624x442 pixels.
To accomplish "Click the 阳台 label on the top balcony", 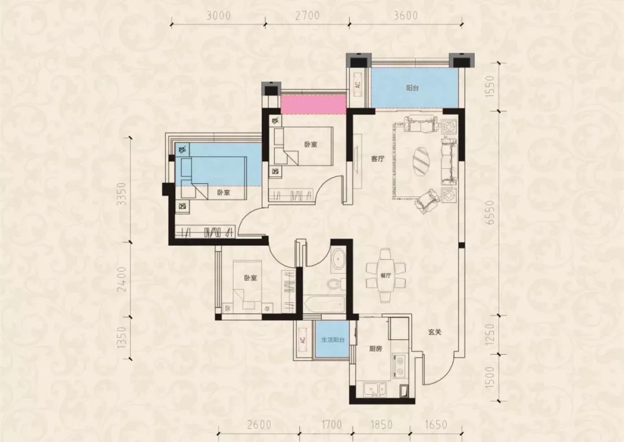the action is coord(413,88).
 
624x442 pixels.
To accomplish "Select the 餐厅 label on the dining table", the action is coord(385,274).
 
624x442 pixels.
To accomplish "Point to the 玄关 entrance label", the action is coord(435,332).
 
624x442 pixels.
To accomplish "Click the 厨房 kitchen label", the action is coord(376,349).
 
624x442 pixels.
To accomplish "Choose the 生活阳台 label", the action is coord(333,340).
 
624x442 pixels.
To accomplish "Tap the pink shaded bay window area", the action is coord(313,104).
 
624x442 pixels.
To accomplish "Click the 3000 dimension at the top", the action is coord(218,16).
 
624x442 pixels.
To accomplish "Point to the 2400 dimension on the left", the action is coord(122,279).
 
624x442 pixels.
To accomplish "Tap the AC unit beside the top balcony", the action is coord(358,85).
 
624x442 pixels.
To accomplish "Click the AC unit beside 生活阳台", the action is coord(303,340).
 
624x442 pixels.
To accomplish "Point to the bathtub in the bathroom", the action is coord(324,304).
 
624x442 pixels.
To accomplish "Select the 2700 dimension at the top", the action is coord(307,16).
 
